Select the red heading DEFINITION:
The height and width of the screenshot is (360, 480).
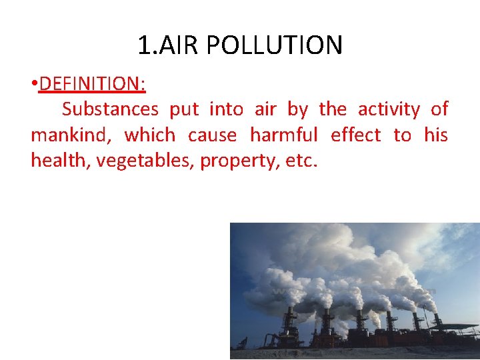93,84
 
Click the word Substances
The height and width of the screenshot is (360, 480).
110,109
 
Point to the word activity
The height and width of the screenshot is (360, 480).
389,109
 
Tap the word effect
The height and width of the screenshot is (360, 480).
355,135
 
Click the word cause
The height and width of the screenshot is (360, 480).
212,135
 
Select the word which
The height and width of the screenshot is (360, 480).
150,135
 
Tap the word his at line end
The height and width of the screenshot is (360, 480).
436,135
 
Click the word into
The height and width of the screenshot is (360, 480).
226,109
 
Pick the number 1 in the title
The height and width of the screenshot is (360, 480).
144,45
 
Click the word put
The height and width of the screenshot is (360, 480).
184,109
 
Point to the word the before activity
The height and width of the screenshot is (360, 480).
333,109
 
